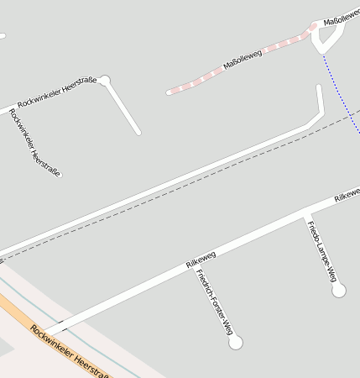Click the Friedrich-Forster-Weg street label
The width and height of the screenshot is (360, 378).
[x=214, y=303]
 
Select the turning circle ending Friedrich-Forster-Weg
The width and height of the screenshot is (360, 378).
[x=235, y=342]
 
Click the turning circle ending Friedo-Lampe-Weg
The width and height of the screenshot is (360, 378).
[x=338, y=290]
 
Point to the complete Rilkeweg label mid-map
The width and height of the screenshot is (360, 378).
[x=201, y=259]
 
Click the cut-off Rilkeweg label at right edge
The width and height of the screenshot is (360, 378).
[x=347, y=196]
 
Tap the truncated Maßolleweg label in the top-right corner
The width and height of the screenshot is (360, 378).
[x=341, y=13]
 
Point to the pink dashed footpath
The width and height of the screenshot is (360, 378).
[x=201, y=76]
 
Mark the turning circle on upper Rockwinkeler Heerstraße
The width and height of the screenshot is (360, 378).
[x=104, y=81]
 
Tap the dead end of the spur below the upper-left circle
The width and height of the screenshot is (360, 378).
[x=138, y=132]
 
